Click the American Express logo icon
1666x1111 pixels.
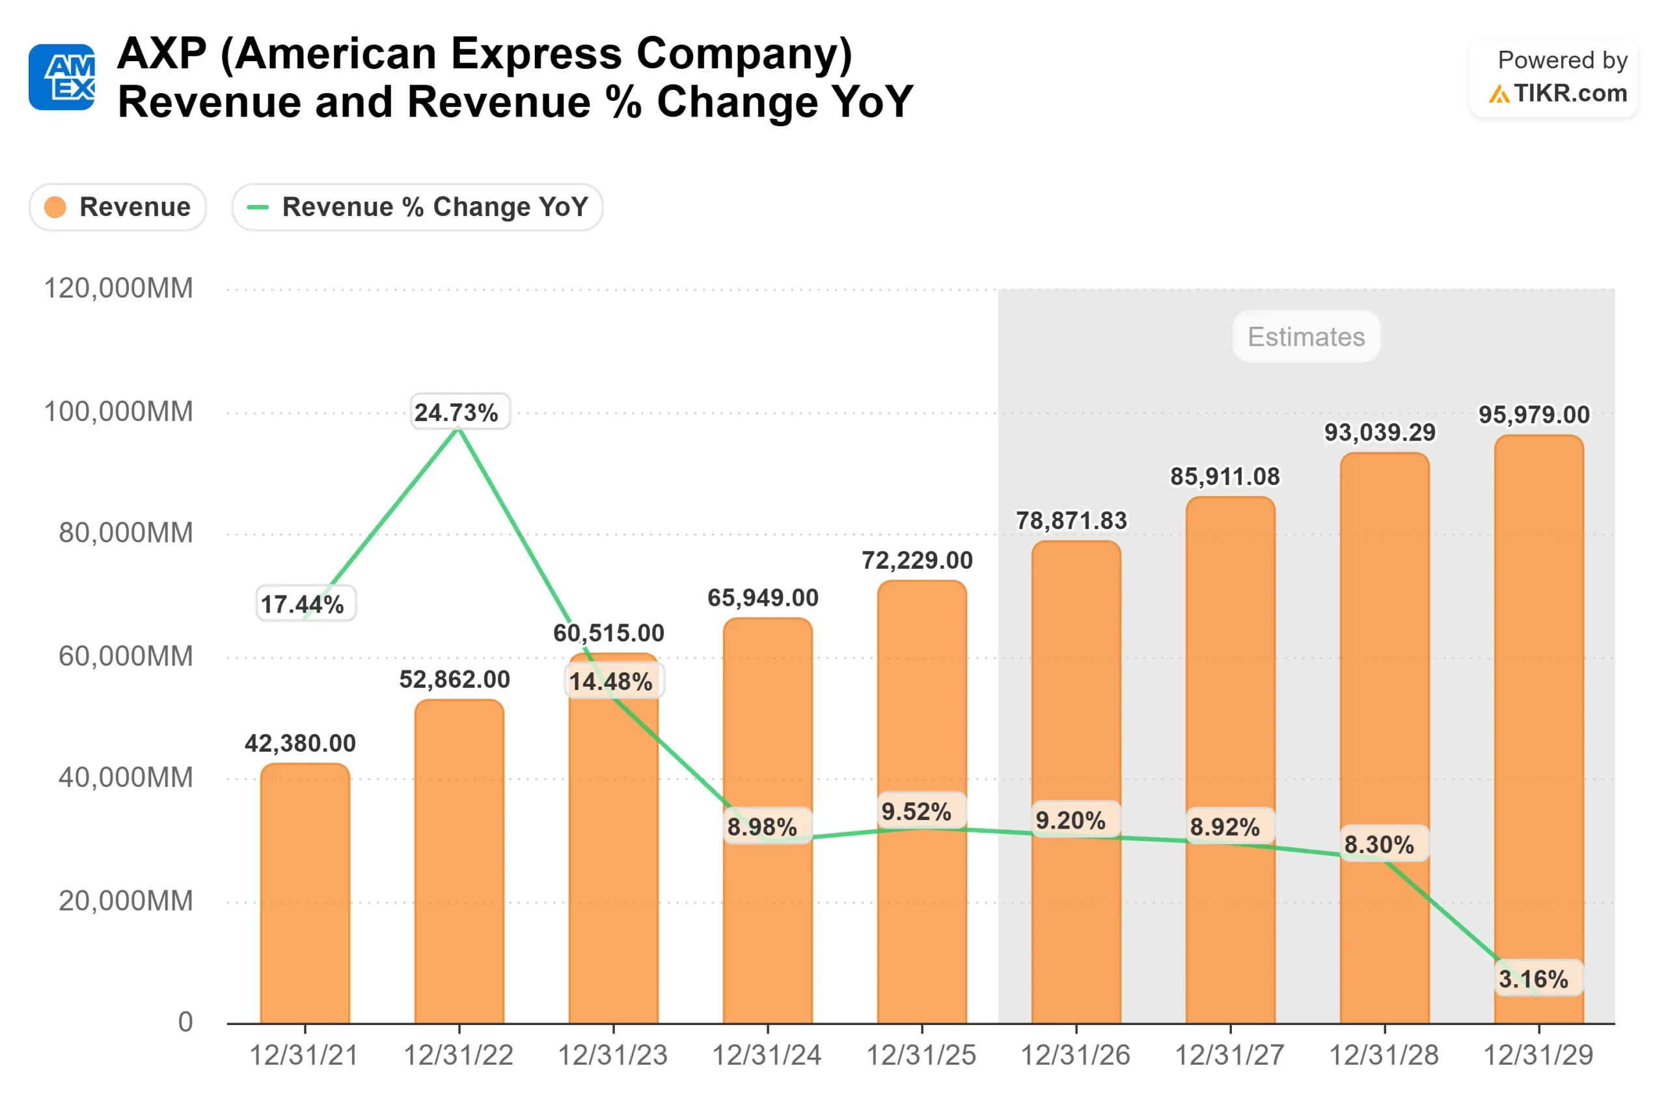[62, 77]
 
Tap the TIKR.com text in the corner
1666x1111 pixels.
[1570, 93]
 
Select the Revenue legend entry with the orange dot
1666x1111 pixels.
[118, 207]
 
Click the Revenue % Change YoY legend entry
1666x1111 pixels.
[417, 207]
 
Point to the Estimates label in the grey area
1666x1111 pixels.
[1306, 336]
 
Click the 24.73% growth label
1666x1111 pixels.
[456, 413]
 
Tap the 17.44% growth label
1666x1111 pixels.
[303, 605]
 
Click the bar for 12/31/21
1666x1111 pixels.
[305, 893]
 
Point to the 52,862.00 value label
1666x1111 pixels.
[454, 679]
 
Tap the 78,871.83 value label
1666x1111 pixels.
[1071, 521]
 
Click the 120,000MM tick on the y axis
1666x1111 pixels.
[118, 288]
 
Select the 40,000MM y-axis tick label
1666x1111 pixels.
[126, 777]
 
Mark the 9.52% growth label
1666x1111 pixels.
[916, 812]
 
